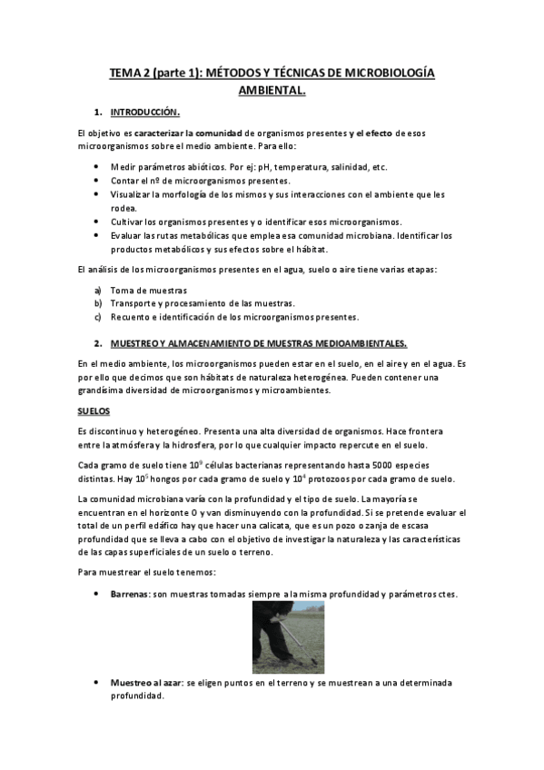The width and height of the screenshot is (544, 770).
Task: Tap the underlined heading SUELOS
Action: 94,410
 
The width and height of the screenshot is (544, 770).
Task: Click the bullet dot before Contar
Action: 97,182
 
